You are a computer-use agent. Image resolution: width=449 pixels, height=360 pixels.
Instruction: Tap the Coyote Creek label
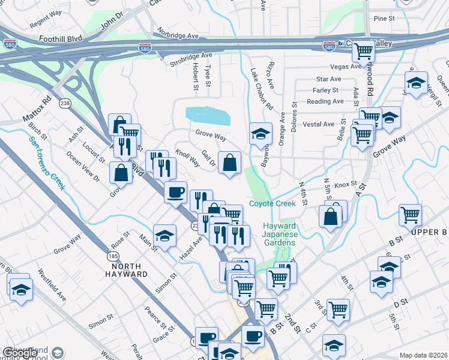(273, 204)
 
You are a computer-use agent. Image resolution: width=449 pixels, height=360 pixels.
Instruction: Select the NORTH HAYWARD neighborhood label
(124, 270)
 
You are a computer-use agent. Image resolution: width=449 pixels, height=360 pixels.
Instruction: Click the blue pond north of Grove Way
(207, 114)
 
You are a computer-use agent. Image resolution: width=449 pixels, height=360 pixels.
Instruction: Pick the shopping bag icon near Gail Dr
(229, 163)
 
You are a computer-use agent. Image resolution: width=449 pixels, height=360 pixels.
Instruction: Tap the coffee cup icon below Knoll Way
(175, 193)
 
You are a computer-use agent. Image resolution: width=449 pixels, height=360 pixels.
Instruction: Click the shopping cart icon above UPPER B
(410, 215)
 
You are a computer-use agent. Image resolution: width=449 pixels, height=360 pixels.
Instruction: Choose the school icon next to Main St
(164, 236)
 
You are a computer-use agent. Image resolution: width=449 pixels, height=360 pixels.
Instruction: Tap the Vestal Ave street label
(319, 124)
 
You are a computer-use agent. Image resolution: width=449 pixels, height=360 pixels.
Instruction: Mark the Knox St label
(346, 185)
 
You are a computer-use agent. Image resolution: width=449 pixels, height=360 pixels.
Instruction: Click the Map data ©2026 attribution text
(423, 355)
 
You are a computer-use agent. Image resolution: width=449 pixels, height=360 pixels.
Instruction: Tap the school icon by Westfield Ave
(21, 287)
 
